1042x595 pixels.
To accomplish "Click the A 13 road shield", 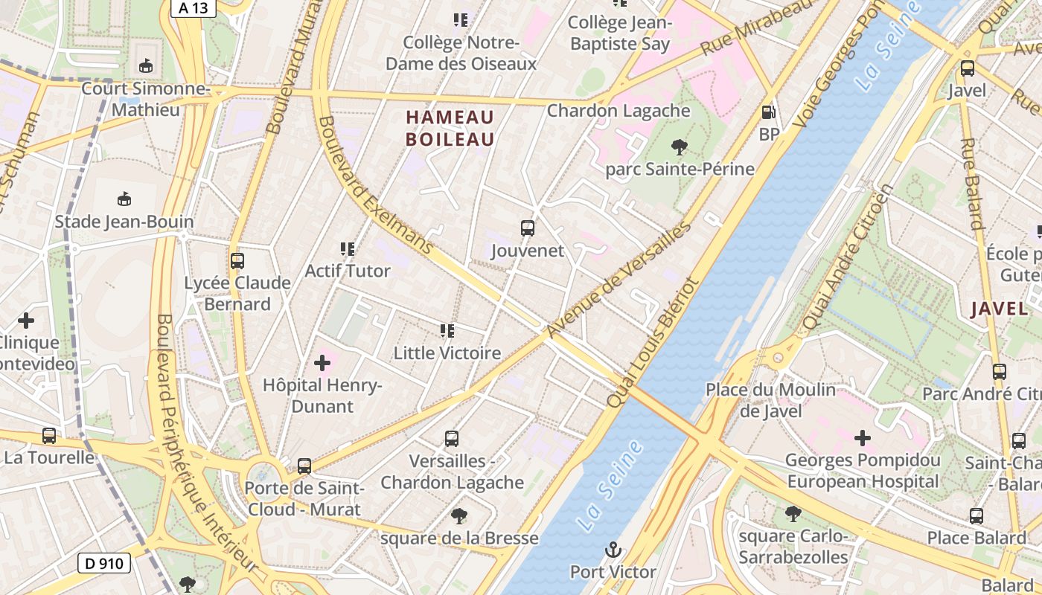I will point(193,8).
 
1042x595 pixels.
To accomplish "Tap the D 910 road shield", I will point(104,563).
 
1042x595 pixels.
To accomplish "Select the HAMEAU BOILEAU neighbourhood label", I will point(450,128).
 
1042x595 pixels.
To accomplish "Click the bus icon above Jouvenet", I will point(528,228).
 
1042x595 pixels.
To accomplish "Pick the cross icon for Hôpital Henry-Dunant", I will point(322,363).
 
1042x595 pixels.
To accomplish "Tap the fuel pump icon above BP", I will point(769,112).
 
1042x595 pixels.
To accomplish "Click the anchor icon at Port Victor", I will point(613,550).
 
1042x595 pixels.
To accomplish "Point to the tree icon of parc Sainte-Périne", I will point(679,147).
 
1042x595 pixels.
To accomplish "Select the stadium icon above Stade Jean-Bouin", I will point(124,199).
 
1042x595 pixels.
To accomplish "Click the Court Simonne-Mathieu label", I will point(146,100).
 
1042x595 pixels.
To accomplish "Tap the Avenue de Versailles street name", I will point(619,280).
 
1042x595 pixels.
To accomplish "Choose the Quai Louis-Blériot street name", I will point(653,342).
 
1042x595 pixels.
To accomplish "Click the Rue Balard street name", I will point(972,183).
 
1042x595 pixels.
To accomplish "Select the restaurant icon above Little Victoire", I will point(447,330).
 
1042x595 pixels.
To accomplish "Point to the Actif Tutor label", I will point(348,271).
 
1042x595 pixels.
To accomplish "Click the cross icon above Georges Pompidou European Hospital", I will point(863,438).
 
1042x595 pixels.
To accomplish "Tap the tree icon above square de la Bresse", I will point(459,515).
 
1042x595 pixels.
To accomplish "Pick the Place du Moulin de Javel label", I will point(770,400).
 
